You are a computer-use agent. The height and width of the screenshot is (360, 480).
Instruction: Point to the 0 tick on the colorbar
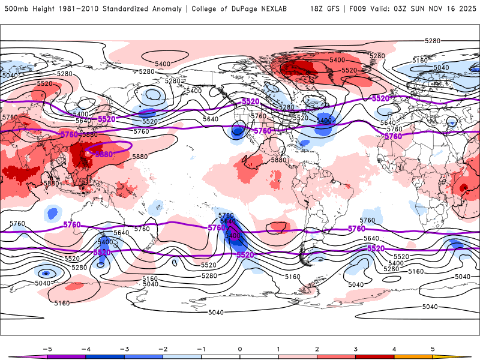[x=240, y=348]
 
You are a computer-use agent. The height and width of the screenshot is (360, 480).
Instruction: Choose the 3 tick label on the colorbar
[x=356, y=348]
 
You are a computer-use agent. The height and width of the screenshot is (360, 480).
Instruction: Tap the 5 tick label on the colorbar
[x=433, y=348]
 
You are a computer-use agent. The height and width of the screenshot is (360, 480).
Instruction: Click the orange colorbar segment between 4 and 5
[x=413, y=357]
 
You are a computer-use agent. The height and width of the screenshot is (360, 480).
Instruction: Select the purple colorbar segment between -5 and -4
[x=66, y=357]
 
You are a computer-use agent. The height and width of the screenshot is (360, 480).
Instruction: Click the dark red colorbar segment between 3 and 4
[x=375, y=357]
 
